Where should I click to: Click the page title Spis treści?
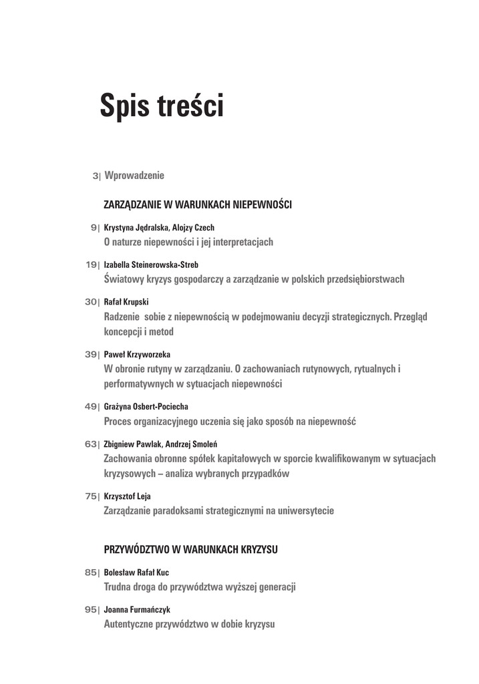click(162, 106)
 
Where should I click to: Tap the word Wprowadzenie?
click(134, 176)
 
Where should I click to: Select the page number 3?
click(95, 176)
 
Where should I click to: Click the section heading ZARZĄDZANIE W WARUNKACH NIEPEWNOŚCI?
click(198, 204)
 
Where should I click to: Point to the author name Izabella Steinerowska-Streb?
click(151, 265)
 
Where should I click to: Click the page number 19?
click(92, 265)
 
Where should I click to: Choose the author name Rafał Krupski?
click(126, 302)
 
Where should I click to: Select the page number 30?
click(92, 302)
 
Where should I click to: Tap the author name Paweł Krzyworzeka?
click(142, 354)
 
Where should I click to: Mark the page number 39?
click(92, 354)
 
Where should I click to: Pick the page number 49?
click(92, 406)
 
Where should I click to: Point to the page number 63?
click(92, 444)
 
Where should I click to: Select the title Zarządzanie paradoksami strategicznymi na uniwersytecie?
click(219, 511)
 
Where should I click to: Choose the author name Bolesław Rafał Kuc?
click(136, 572)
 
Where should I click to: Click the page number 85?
click(92, 572)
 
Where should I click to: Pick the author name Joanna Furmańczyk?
click(138, 610)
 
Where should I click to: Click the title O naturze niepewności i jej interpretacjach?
click(188, 242)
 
